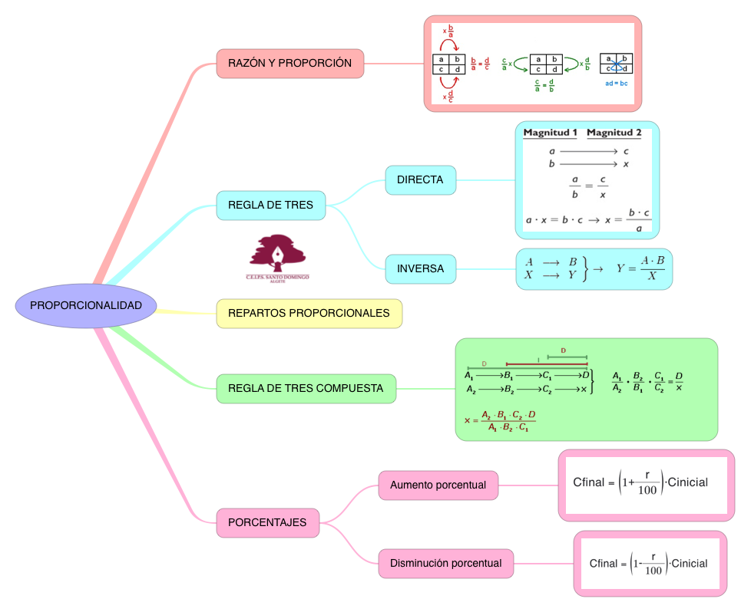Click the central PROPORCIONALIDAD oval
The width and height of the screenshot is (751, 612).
pos(86,305)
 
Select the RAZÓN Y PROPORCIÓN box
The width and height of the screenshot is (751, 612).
pos(290,63)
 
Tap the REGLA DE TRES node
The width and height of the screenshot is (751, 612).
pos(271,206)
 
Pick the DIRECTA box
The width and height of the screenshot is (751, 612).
pos(420,180)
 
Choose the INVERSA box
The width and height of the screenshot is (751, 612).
pos(420,269)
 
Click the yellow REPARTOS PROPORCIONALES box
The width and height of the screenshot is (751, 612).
pos(309,313)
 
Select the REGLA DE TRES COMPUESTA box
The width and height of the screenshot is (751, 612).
pos(306,389)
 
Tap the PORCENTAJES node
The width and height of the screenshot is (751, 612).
pos(267,522)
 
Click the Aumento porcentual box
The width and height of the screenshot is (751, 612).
pos(438,485)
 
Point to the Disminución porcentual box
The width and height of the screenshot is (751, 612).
pos(445,564)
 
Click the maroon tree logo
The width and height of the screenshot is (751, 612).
pos(277,253)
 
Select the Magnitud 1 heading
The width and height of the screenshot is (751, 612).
pos(550,133)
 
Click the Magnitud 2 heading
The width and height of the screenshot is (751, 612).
pos(614,133)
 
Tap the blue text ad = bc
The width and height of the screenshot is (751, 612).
pos(616,82)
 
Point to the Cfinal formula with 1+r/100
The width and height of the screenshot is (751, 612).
pos(640,483)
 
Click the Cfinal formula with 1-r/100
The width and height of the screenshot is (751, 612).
pos(649,564)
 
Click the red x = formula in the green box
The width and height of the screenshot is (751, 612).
pos(500,421)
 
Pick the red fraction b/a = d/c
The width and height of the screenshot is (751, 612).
pos(480,64)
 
